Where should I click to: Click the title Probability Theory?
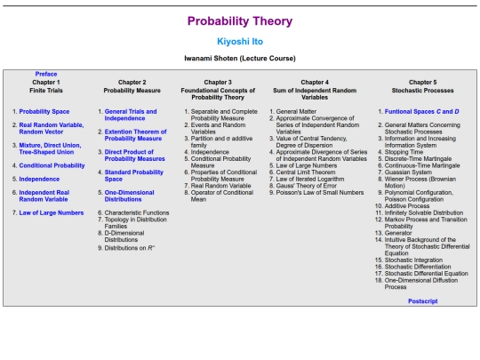tap(239, 20)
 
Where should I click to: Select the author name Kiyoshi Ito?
tap(239, 42)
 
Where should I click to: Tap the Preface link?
tap(46, 74)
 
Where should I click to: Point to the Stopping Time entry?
tap(404, 152)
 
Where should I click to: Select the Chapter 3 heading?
tap(217, 82)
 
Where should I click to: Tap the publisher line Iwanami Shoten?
tap(239, 59)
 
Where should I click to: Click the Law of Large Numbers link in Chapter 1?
tap(52, 212)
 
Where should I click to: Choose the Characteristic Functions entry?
tap(135, 212)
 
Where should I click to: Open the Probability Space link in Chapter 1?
tap(45, 112)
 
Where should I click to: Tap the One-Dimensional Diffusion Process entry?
tap(421, 284)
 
